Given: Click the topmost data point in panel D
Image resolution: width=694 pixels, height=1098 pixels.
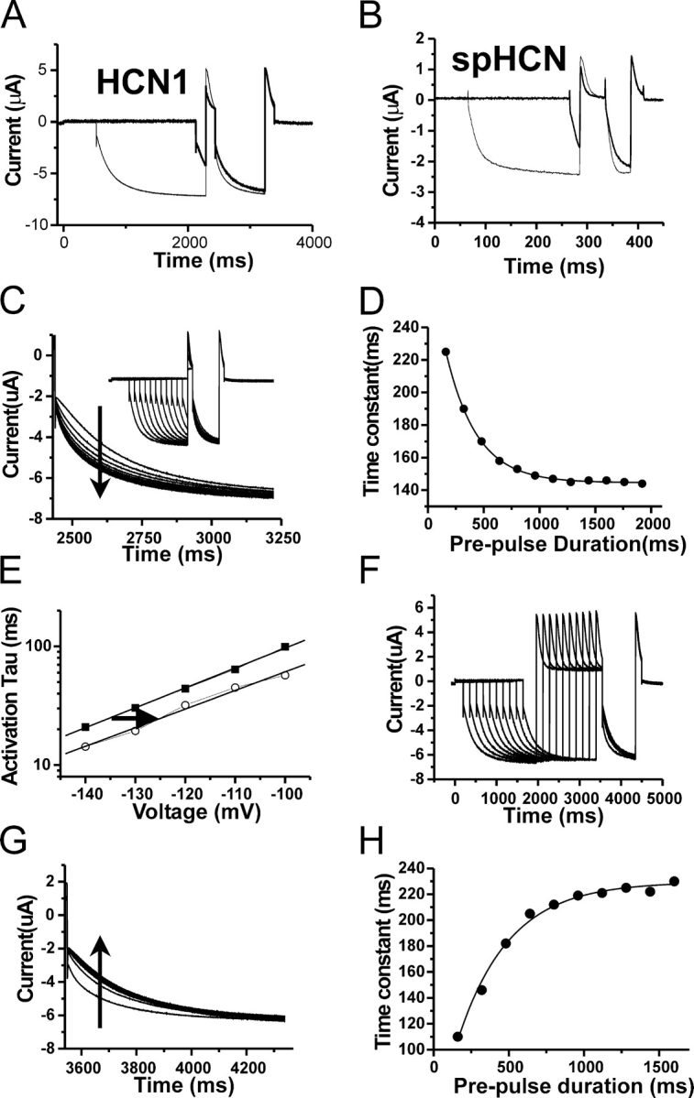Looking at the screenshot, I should (446, 352).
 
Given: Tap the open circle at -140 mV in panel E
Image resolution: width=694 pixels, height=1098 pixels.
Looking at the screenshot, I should (85, 746).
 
